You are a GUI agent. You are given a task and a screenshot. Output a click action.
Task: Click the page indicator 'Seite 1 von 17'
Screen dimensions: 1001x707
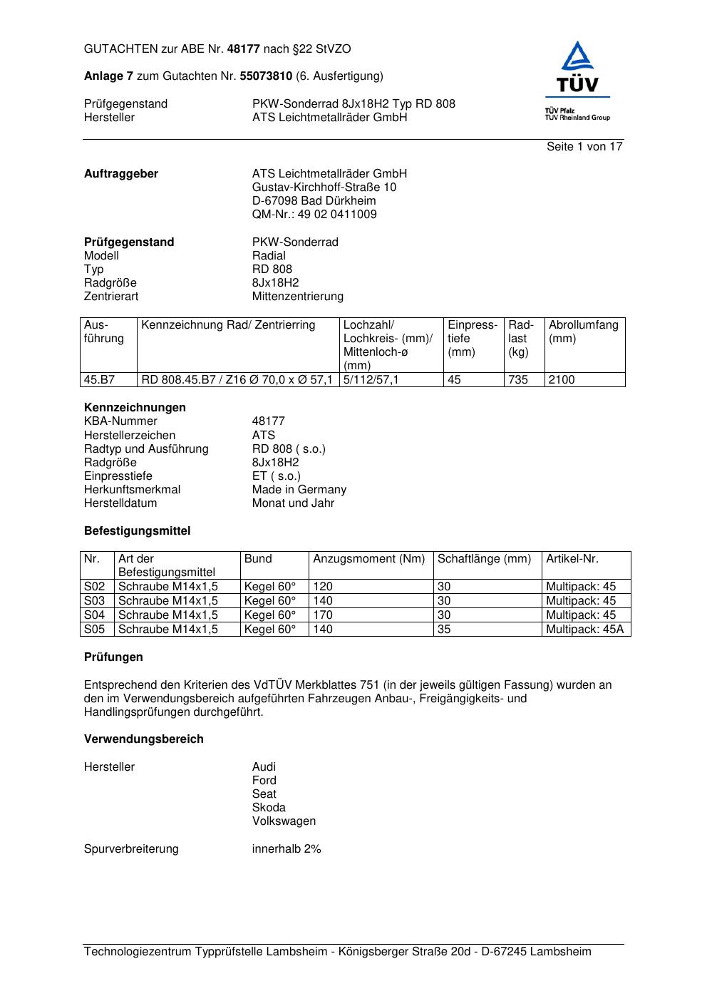(584, 147)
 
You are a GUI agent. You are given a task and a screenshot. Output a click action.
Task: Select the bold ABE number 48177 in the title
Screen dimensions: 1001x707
(244, 49)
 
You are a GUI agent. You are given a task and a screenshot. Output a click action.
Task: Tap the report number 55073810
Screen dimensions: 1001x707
(266, 76)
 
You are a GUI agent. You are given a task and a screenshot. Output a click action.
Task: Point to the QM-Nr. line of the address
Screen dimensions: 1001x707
(314, 215)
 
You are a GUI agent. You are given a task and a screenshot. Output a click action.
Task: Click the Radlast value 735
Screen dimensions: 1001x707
(518, 380)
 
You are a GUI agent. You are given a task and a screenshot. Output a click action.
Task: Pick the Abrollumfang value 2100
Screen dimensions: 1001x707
(562, 380)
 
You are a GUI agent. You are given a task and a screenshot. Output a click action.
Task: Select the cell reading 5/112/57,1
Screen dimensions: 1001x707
(371, 380)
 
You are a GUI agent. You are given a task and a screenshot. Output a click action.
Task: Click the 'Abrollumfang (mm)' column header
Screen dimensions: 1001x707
(584, 332)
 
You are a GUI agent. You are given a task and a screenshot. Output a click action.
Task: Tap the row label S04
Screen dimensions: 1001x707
(95, 615)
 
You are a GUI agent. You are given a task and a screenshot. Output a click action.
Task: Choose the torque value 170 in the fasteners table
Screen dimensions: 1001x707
(323, 615)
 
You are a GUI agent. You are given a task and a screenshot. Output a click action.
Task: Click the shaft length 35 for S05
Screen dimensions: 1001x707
(444, 630)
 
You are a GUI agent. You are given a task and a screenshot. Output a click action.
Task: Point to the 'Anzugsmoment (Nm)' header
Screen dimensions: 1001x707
(369, 559)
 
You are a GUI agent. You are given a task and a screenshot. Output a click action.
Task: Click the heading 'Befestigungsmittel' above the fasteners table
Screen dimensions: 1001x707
(138, 531)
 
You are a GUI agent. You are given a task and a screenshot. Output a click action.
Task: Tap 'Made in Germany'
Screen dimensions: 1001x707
(299, 490)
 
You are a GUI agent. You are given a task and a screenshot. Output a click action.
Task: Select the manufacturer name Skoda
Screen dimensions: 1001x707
(269, 808)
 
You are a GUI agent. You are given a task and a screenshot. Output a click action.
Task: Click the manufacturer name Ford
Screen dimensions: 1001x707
(264, 781)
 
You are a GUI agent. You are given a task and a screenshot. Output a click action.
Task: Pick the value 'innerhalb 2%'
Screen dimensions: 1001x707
(287, 849)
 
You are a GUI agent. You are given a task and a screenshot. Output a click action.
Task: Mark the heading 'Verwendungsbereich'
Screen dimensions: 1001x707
(144, 739)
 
